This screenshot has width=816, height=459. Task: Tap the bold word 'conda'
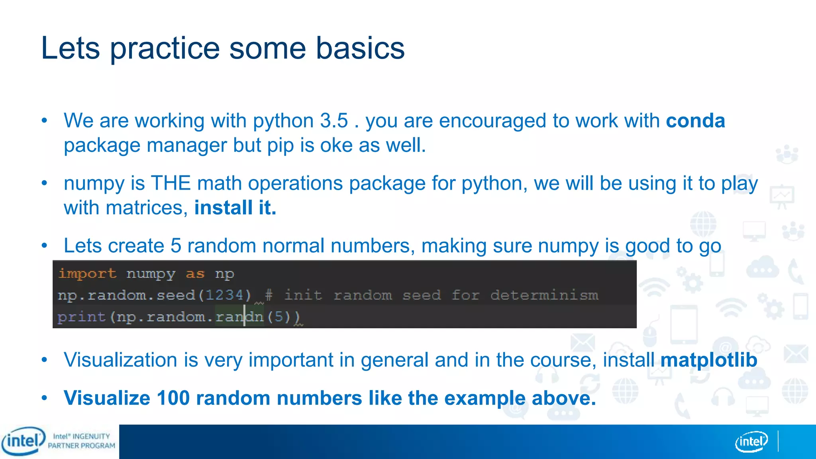[x=695, y=121]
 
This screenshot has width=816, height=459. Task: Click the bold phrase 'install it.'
[x=235, y=208]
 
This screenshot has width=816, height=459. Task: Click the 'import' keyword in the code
[x=87, y=274]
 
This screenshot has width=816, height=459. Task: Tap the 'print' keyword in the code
[x=81, y=317]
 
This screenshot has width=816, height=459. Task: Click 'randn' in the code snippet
[x=239, y=317]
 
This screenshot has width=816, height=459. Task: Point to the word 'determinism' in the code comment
[x=544, y=295]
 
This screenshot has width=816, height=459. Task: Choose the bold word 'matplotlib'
[x=708, y=360]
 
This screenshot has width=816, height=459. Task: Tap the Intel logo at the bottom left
[x=23, y=441]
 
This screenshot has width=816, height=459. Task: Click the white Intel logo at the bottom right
[x=751, y=441]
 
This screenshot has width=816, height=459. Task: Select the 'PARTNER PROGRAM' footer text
[x=81, y=446]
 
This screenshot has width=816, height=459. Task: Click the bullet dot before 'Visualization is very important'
[x=44, y=360]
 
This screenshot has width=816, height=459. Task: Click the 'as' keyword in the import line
[x=195, y=274]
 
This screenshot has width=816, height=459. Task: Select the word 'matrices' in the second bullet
[x=146, y=208]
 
